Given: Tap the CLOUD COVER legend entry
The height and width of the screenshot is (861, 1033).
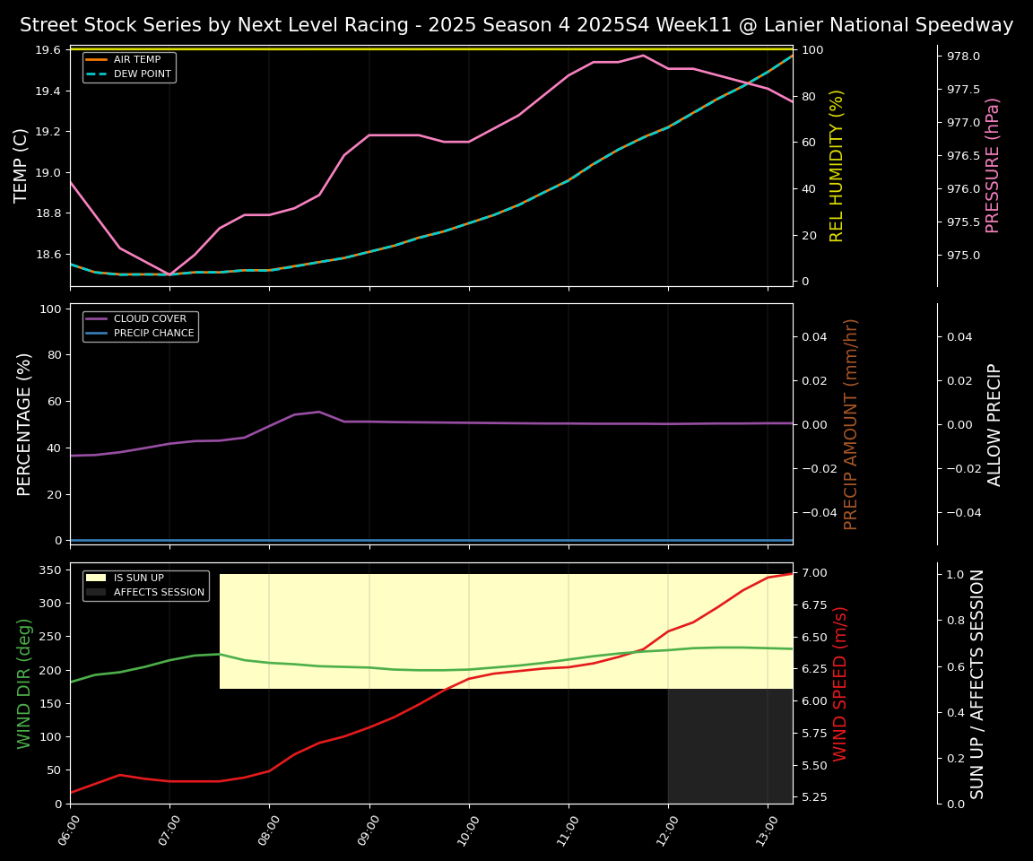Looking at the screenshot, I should point(150,318).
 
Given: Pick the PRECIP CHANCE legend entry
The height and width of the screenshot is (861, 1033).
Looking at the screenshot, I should point(153,334).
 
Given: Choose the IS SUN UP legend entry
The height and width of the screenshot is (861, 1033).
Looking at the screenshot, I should point(138,578).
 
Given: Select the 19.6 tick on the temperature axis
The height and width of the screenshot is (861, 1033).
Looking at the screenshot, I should point(49,50).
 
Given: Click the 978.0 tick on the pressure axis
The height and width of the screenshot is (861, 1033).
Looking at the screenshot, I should point(963,57).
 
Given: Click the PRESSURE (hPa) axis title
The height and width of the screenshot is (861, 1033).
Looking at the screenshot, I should point(993,165).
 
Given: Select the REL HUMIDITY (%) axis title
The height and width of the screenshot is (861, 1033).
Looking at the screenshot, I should point(838,165).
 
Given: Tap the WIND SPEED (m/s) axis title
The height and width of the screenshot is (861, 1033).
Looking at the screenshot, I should point(840,683).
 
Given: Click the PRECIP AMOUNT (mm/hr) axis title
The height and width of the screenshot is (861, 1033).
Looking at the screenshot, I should point(852,423).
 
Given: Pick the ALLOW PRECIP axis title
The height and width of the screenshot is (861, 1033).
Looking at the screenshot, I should point(994,424).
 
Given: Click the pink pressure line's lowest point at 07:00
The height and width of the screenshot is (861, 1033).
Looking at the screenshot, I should point(169,275).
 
